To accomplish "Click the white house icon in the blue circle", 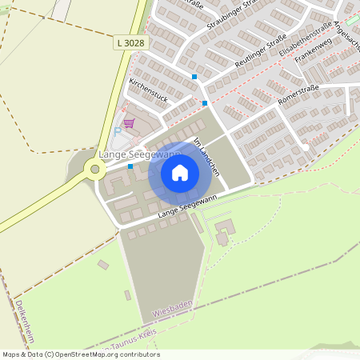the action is [x=180, y=172].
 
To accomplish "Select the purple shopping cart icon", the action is [x=129, y=122].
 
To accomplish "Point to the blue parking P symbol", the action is [x=118, y=130].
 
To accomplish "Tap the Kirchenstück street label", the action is [x=149, y=90].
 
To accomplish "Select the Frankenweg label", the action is [x=313, y=54].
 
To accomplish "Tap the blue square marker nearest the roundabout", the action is [x=130, y=166].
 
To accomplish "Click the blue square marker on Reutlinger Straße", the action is [x=194, y=77].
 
